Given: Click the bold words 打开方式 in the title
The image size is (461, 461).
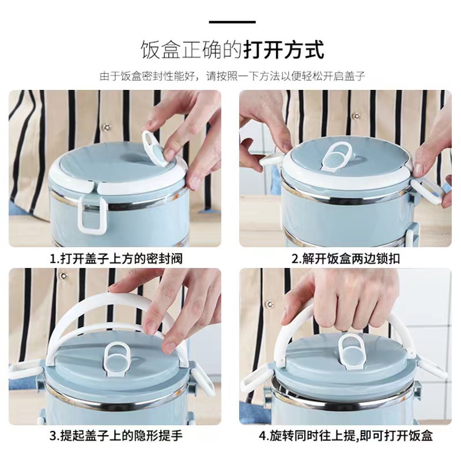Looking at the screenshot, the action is [284, 50].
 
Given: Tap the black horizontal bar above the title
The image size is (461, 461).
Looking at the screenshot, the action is [232, 22].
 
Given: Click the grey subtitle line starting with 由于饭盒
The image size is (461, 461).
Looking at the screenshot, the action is [232, 76].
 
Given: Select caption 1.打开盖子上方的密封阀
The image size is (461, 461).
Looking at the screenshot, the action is [116, 259].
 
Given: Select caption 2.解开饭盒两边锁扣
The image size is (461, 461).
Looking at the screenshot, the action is [345, 259].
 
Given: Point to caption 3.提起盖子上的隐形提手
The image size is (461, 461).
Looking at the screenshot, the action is [116, 436].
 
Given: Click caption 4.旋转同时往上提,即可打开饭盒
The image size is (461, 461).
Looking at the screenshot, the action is [346, 436].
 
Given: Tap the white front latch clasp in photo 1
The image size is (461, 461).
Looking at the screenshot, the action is [92, 214].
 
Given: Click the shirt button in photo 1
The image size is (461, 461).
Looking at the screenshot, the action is [107, 127].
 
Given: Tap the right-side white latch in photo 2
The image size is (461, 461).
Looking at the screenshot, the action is [427, 192].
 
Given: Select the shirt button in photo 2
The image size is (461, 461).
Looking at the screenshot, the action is [357, 116].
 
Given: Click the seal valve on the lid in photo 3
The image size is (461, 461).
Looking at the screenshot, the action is [117, 358].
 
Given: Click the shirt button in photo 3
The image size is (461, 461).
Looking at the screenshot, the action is [63, 276].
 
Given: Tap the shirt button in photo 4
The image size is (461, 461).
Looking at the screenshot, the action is [270, 304].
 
